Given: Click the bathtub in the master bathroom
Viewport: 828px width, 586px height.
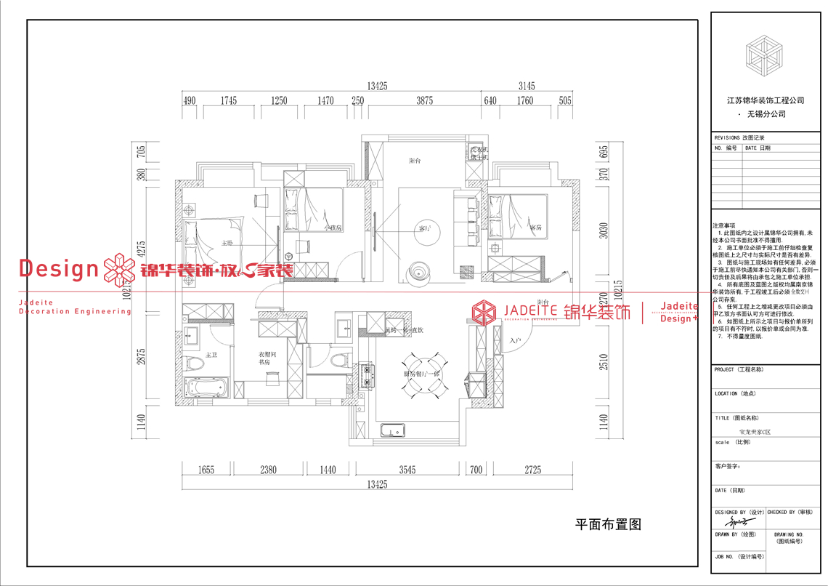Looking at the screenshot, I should click(x=206, y=388).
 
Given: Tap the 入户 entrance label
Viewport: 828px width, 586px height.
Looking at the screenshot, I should click(x=516, y=340).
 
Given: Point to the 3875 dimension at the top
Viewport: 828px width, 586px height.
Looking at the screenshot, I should click(x=424, y=101).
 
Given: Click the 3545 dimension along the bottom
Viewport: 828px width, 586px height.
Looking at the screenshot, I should click(x=407, y=470).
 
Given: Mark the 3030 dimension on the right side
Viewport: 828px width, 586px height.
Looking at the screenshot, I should click(x=603, y=230).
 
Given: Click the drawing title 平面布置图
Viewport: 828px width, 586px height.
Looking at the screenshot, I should click(x=609, y=524).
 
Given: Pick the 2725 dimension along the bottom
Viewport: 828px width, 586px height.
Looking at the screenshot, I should click(x=534, y=470).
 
